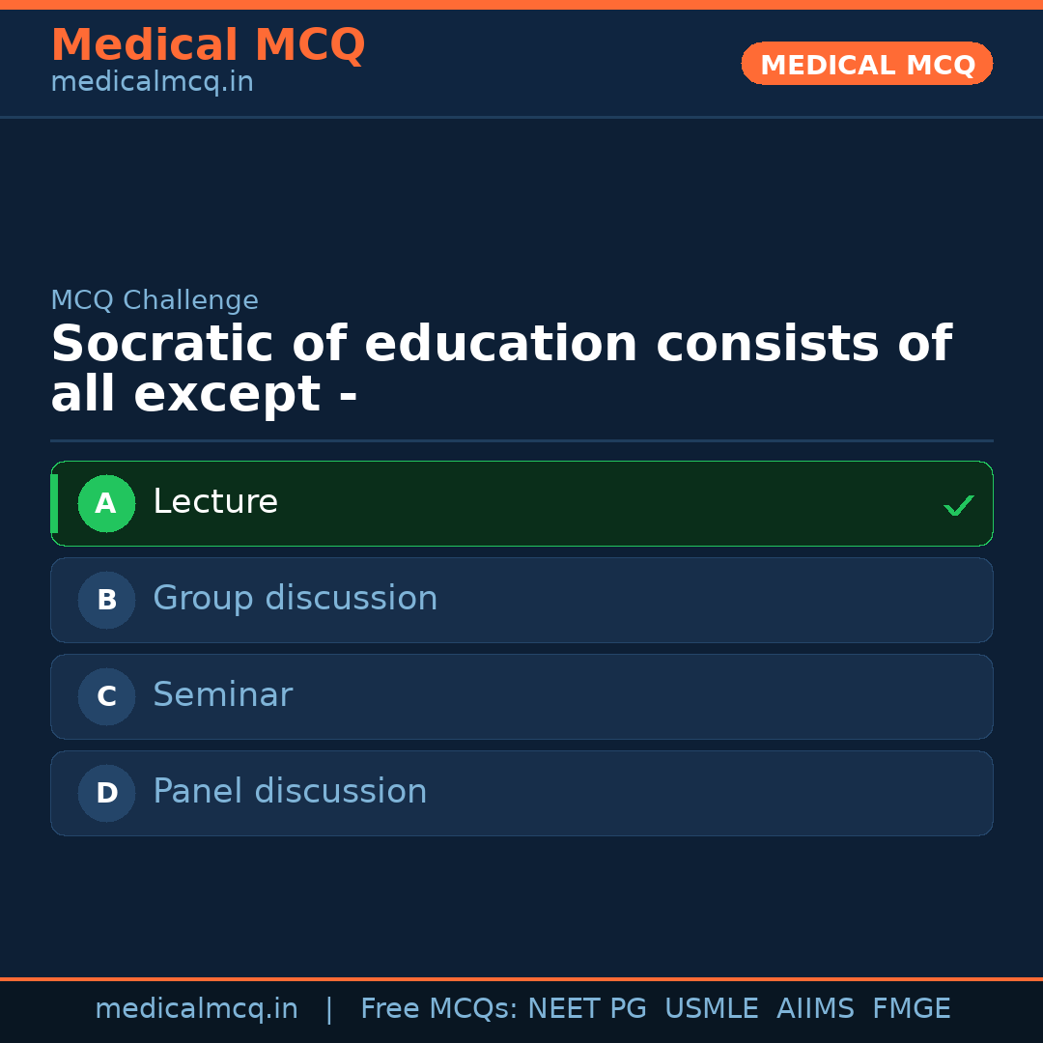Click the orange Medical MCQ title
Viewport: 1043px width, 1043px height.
(208, 45)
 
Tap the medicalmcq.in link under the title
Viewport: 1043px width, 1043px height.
(152, 83)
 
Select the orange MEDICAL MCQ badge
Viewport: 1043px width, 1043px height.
(867, 65)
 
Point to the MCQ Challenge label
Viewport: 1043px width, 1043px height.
(155, 301)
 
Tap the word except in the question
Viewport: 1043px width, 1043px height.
(227, 395)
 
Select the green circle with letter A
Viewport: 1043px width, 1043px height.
(106, 503)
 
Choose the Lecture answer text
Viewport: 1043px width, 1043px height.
(215, 502)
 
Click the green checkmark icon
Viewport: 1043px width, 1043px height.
(958, 505)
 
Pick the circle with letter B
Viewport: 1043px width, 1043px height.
(106, 600)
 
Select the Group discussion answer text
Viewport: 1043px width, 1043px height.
(295, 599)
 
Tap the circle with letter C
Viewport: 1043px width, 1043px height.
(106, 696)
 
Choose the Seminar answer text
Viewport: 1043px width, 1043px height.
(222, 695)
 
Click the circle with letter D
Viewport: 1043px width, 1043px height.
(106, 793)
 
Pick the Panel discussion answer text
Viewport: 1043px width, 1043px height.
(290, 792)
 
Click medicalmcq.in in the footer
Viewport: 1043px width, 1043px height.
(196, 1009)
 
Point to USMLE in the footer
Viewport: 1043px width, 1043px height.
(711, 1009)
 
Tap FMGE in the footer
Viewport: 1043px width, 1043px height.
(911, 1009)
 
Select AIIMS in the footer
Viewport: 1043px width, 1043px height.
(815, 1009)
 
